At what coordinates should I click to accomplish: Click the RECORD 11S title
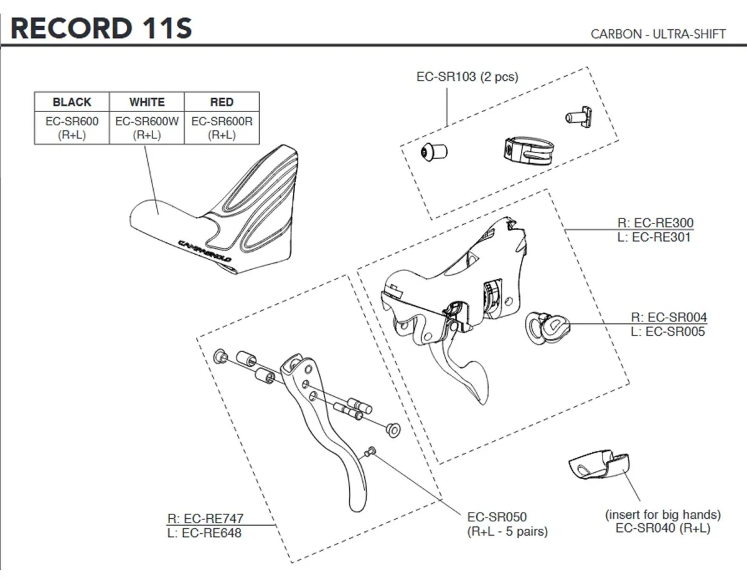[x=101, y=29]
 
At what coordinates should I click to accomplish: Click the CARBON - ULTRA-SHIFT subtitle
[x=658, y=34]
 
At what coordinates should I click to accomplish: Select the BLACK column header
[x=72, y=102]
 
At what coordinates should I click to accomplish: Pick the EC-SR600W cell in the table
[x=147, y=121]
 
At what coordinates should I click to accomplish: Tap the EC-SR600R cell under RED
[x=222, y=121]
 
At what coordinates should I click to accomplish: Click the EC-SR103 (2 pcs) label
[x=467, y=77]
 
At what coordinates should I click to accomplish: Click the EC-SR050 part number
[x=496, y=517]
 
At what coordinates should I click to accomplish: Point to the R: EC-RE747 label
[x=205, y=518]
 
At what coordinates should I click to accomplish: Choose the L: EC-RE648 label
[x=205, y=533]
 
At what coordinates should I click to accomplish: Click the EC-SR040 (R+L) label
[x=662, y=529]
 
